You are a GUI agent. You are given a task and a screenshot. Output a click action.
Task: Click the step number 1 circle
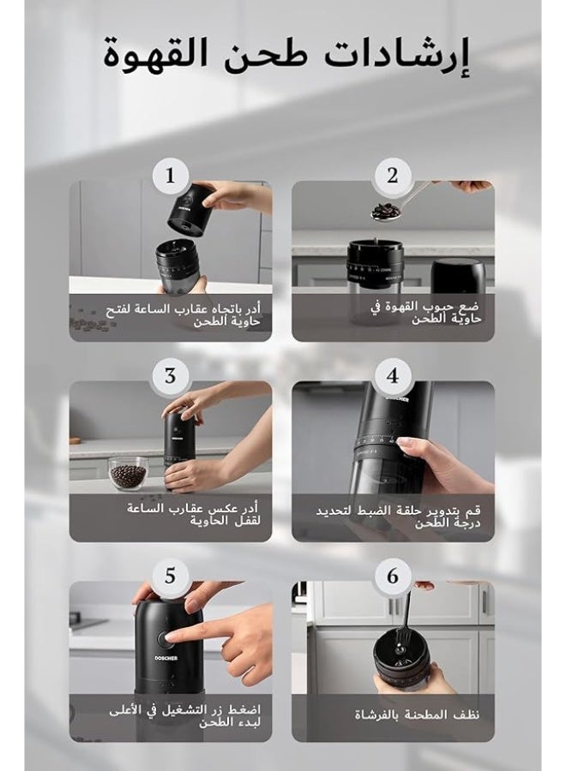(170, 176)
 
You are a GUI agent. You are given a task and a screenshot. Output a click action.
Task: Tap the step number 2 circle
(393, 176)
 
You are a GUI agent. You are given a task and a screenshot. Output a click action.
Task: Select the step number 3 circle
(170, 375)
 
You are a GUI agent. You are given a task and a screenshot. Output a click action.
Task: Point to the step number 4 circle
(393, 375)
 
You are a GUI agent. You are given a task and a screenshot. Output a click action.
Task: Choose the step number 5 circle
(170, 576)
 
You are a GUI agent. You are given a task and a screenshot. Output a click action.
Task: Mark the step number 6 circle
(393, 576)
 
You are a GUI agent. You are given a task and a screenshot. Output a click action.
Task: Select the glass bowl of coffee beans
(128, 473)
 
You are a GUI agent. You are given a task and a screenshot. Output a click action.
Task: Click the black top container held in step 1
(190, 208)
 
